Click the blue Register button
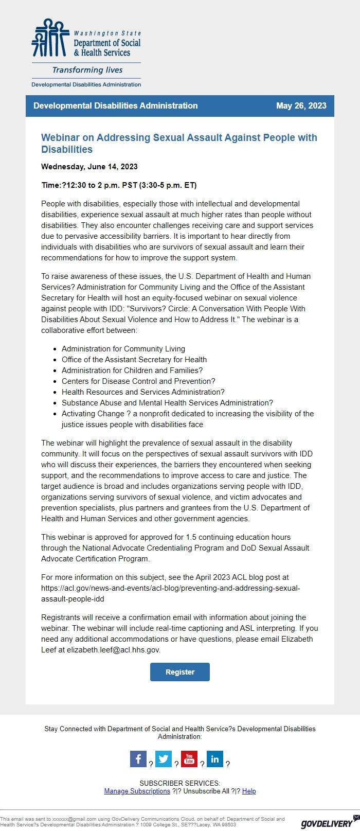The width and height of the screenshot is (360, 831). point(179,672)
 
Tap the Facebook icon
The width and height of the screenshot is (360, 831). point(138,759)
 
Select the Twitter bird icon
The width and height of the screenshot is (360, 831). point(164,759)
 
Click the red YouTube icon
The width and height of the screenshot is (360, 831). point(189,759)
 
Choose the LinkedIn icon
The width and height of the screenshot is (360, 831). point(215,759)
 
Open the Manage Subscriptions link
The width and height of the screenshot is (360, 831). point(137,791)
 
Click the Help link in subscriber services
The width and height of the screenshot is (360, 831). point(249,791)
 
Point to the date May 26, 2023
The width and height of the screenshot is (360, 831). point(301,105)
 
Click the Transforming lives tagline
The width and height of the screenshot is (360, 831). point(87,70)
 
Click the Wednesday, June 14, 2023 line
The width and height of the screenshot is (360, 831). point(89,166)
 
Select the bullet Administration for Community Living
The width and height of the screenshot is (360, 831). point(123,348)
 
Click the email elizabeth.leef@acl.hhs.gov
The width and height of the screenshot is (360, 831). point(113,650)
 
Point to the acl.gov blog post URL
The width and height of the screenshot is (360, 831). point(170,588)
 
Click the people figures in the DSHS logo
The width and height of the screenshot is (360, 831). point(50,38)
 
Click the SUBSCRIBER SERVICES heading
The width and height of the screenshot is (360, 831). point(179,783)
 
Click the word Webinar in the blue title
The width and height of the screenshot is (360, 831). point(60,137)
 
